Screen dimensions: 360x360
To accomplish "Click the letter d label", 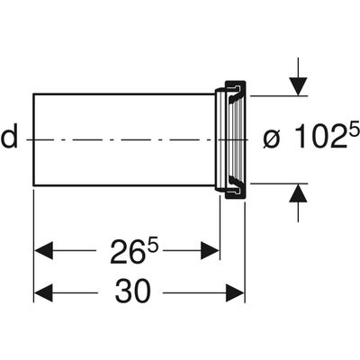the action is tap(9, 138).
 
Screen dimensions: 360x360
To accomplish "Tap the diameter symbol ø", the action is tap(272, 139).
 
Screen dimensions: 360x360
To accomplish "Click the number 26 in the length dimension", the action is tap(126, 252).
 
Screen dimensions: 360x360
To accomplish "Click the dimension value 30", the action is tap(132, 292).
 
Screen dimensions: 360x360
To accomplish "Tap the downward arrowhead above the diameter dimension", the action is tap(298, 86).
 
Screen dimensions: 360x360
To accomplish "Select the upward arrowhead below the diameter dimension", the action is tap(298, 193).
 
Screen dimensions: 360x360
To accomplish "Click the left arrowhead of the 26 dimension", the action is tap(43, 250).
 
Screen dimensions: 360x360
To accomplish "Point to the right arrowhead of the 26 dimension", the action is tap(210, 250).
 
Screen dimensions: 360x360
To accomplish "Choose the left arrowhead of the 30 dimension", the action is tap(43, 292).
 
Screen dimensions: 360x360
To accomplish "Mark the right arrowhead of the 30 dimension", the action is tap(235, 292).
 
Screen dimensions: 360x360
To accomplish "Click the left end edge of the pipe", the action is tap(33, 139).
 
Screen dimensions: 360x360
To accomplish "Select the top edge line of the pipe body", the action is tap(124, 94).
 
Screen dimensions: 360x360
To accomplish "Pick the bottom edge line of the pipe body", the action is tap(124, 185).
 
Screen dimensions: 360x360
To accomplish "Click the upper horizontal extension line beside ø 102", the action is tap(279, 96).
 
